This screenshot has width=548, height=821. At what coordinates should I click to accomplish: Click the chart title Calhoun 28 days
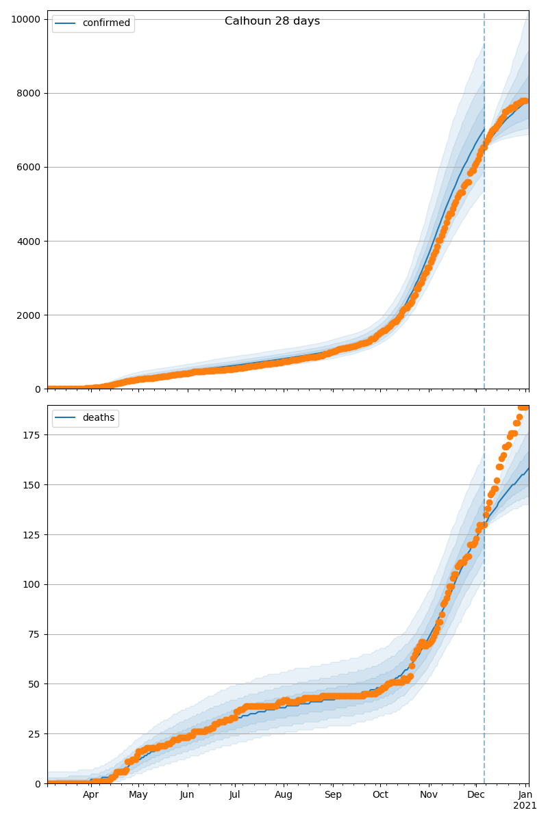coord(272,21)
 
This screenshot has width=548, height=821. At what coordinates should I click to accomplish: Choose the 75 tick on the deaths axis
coord(35,634)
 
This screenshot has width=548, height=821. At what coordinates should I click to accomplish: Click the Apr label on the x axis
coord(91,795)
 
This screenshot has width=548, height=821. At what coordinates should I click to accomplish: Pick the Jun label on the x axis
coord(187,795)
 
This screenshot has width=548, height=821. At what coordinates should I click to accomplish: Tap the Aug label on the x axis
coord(284,795)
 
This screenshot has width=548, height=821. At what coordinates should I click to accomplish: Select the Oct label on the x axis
coord(380,795)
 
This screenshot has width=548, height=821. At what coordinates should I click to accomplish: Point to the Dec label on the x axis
coord(476,795)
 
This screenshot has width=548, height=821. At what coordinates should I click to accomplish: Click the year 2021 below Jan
coord(525,806)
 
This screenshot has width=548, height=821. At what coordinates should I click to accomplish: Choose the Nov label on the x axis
coord(429,795)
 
